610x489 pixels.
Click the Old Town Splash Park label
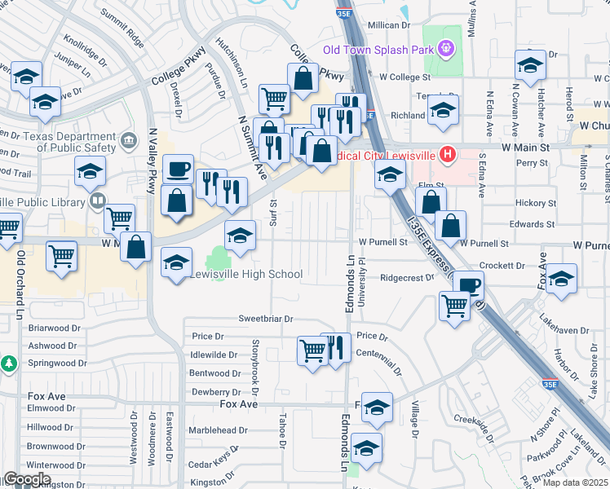tap(378, 50)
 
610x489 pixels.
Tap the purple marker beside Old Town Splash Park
tap(444, 50)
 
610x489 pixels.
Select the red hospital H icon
tap(446, 152)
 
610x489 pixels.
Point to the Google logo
tap(26, 479)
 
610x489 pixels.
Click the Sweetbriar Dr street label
tap(265, 319)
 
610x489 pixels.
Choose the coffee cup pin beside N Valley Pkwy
tap(179, 170)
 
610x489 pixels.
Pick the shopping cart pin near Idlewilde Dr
tap(312, 350)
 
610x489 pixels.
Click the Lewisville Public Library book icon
tap(97, 200)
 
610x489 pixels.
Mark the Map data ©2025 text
tap(574, 482)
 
